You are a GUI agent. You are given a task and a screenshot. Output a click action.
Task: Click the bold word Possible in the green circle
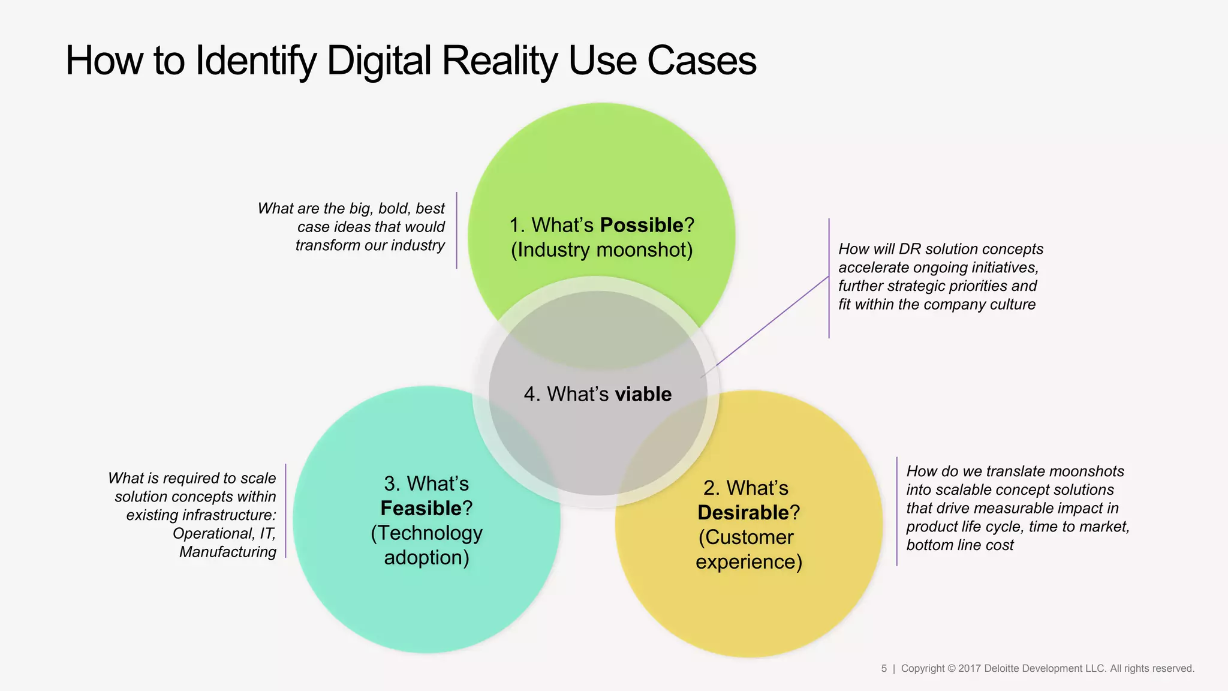tap(641, 225)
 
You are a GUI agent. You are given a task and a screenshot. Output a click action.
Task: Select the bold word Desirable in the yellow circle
tap(743, 512)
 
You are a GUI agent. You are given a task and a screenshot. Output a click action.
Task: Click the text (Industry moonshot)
tap(601, 250)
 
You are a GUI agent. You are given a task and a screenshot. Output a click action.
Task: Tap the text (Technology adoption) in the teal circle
tap(426, 545)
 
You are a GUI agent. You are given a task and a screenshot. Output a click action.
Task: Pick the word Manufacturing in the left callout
tap(228, 552)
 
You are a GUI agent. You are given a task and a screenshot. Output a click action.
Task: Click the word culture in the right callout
tap(1013, 304)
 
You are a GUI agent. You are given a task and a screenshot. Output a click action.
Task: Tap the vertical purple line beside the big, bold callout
tap(456, 230)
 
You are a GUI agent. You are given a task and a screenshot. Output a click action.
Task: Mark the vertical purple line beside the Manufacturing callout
tap(285, 511)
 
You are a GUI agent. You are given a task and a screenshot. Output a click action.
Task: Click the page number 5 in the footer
tap(884, 668)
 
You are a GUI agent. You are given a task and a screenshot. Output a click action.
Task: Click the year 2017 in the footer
tap(970, 668)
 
